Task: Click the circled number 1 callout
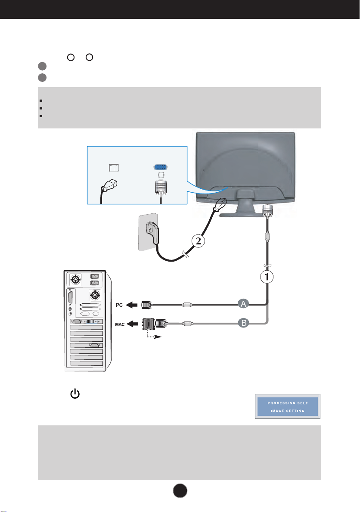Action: (267, 277)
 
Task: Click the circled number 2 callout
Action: (198, 241)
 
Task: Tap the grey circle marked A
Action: (243, 304)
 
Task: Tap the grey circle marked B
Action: (243, 323)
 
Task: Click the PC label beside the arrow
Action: (119, 305)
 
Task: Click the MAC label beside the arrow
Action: (120, 324)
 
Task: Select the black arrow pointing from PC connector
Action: (132, 305)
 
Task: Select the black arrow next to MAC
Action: (132, 324)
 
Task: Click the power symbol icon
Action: (75, 394)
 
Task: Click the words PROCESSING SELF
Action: (288, 403)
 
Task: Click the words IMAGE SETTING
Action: (288, 411)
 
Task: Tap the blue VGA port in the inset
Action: (161, 168)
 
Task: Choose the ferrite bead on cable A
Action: (187, 305)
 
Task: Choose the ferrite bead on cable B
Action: (187, 324)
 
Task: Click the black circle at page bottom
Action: (180, 490)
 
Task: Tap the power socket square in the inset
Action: (114, 168)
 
